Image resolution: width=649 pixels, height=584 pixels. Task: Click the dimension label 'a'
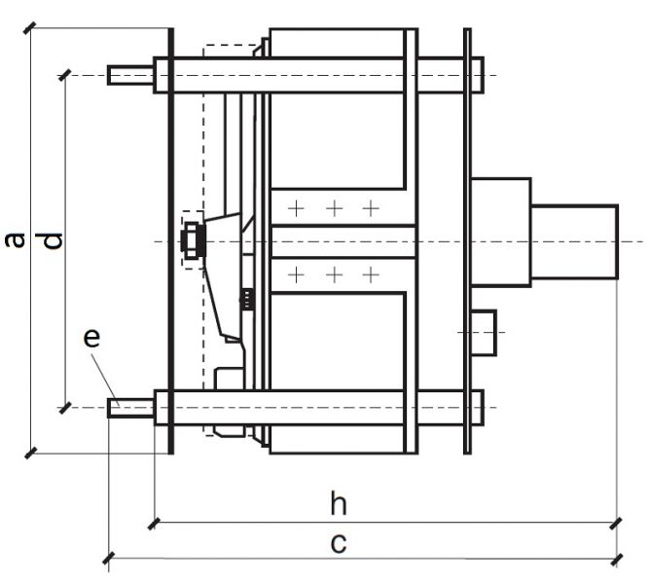15,239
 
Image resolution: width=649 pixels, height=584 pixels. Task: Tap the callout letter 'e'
91,339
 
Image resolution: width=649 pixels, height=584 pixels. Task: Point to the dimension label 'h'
338,504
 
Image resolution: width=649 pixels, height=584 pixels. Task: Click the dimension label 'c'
338,541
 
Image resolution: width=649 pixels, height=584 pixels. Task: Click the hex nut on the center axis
191,239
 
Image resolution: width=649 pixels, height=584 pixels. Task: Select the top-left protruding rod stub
130,75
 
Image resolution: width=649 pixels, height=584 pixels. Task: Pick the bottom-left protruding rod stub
130,407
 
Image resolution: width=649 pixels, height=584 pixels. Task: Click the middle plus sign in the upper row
333,208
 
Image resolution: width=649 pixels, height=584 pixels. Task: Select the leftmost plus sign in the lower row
296,275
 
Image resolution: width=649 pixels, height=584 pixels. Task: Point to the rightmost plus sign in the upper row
370,208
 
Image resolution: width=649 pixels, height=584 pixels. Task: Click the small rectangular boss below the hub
484,332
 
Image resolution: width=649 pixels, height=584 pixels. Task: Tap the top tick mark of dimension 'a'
30,27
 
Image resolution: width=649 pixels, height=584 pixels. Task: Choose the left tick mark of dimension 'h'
154,523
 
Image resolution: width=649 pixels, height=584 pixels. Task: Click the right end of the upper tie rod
477,75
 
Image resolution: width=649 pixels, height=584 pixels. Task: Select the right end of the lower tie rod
477,407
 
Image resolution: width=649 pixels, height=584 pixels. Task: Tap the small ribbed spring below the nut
247,299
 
